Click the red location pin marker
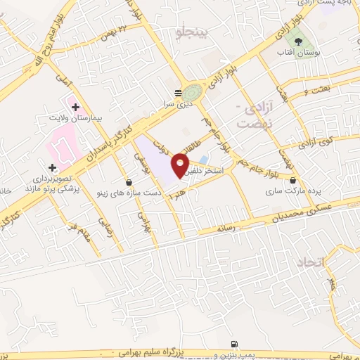[180, 165]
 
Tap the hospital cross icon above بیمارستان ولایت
[75, 105]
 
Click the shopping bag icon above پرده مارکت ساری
[292, 180]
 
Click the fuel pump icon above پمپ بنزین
[233, 343]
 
